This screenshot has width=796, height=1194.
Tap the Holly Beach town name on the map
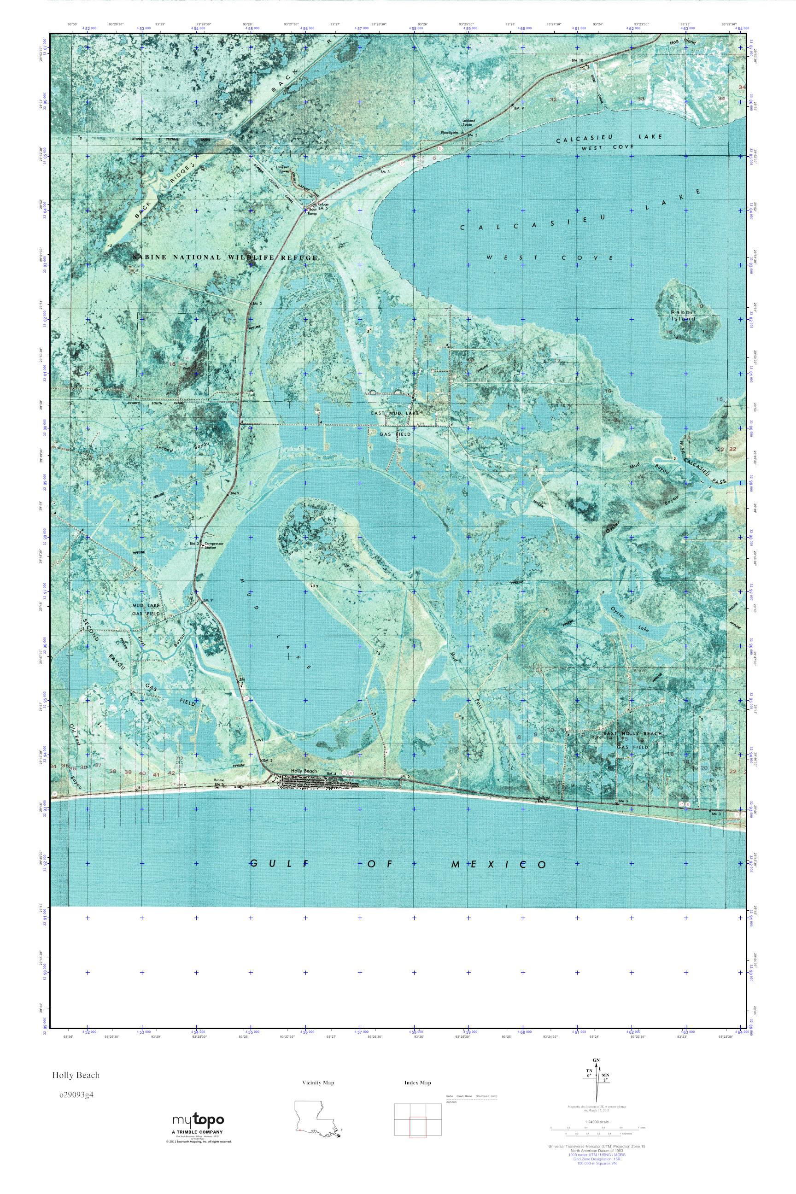point(304,771)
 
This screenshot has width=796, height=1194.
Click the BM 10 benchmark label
point(577,60)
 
